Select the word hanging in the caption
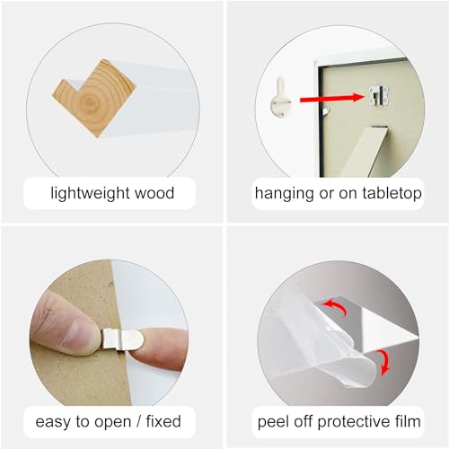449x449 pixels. [285, 193]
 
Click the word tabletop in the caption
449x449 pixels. [392, 193]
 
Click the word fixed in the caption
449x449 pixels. [163, 421]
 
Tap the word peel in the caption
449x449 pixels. [273, 422]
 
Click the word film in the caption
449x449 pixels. [408, 421]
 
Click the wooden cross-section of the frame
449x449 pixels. [94, 98]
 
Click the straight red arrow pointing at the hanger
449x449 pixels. [332, 98]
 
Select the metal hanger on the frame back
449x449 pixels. [379, 96]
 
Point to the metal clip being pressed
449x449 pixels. [122, 339]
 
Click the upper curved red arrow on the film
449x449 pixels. [335, 307]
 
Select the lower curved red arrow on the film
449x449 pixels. [383, 363]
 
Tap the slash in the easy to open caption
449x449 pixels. [138, 421]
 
